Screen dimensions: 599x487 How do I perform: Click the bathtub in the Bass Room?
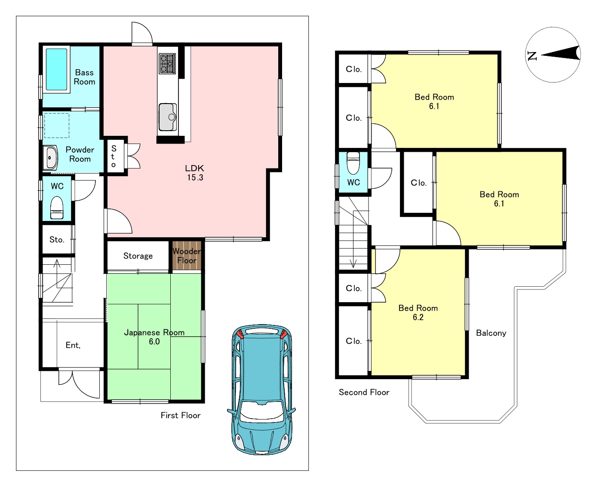pyautogui.click(x=56, y=69)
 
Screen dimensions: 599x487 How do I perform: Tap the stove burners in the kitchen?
pyautogui.click(x=167, y=64)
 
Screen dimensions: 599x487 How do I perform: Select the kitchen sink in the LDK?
pyautogui.click(x=168, y=117)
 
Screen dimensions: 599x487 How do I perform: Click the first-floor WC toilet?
pyautogui.click(x=57, y=208)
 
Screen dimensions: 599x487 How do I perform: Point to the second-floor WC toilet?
pyautogui.click(x=353, y=163)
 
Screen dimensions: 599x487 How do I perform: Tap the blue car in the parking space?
pyautogui.click(x=261, y=389)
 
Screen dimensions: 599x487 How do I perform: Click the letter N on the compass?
pyautogui.click(x=532, y=56)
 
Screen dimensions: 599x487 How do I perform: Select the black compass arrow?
pyautogui.click(x=560, y=53)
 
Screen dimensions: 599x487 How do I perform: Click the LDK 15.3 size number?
pyautogui.click(x=195, y=178)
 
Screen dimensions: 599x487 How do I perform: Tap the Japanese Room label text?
pyautogui.click(x=154, y=333)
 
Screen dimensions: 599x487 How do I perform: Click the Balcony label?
pyautogui.click(x=491, y=333)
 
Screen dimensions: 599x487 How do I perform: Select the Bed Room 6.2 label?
pyautogui.click(x=418, y=312)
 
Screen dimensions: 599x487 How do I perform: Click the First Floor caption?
pyautogui.click(x=181, y=415)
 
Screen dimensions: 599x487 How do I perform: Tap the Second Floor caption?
pyautogui.click(x=364, y=392)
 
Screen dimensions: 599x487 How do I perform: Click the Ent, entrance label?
pyautogui.click(x=73, y=345)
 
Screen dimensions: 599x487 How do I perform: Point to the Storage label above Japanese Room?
pyautogui.click(x=138, y=256)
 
